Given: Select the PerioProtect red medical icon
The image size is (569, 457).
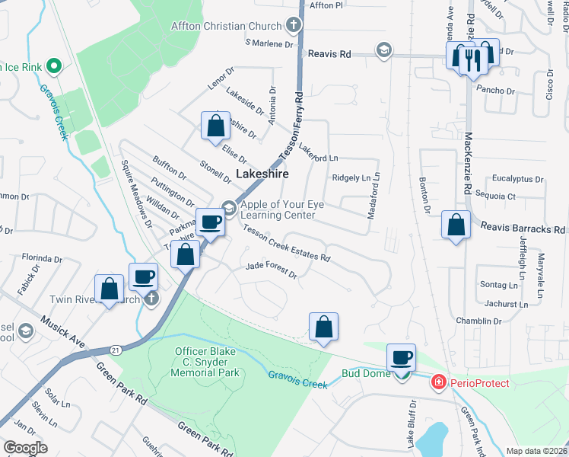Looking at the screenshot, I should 437,382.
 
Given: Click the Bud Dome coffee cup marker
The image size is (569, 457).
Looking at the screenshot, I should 401,356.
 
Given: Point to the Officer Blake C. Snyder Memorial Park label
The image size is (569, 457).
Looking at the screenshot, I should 206,362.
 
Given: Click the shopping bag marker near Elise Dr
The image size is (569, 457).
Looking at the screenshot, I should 215,125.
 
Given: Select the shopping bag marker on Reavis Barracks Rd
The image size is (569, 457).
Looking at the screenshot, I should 456,225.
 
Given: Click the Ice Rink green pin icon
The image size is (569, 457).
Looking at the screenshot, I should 53,67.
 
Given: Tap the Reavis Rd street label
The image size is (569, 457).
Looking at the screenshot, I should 329,54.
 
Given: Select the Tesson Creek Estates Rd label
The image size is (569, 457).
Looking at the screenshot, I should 286,247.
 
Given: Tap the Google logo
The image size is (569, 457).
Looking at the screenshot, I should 25,448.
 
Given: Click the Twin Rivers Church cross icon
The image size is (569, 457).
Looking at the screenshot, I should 151,298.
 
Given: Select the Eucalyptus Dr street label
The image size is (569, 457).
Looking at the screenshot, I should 517,180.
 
